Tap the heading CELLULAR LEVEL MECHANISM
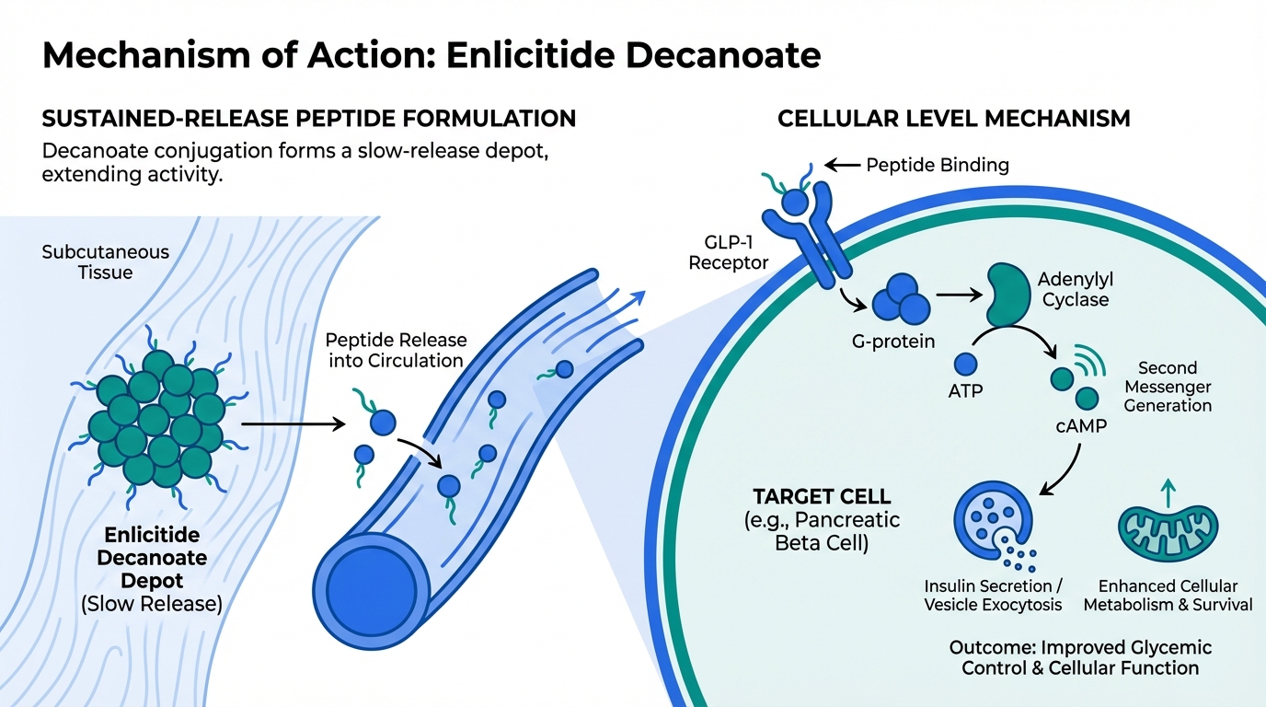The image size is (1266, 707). click(954, 118)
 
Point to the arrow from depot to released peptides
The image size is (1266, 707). click(292, 424)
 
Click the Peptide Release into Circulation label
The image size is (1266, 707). click(396, 350)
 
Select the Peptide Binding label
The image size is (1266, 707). click(938, 166)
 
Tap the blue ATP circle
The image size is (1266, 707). click(965, 365)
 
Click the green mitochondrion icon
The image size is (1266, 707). click(1167, 531)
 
